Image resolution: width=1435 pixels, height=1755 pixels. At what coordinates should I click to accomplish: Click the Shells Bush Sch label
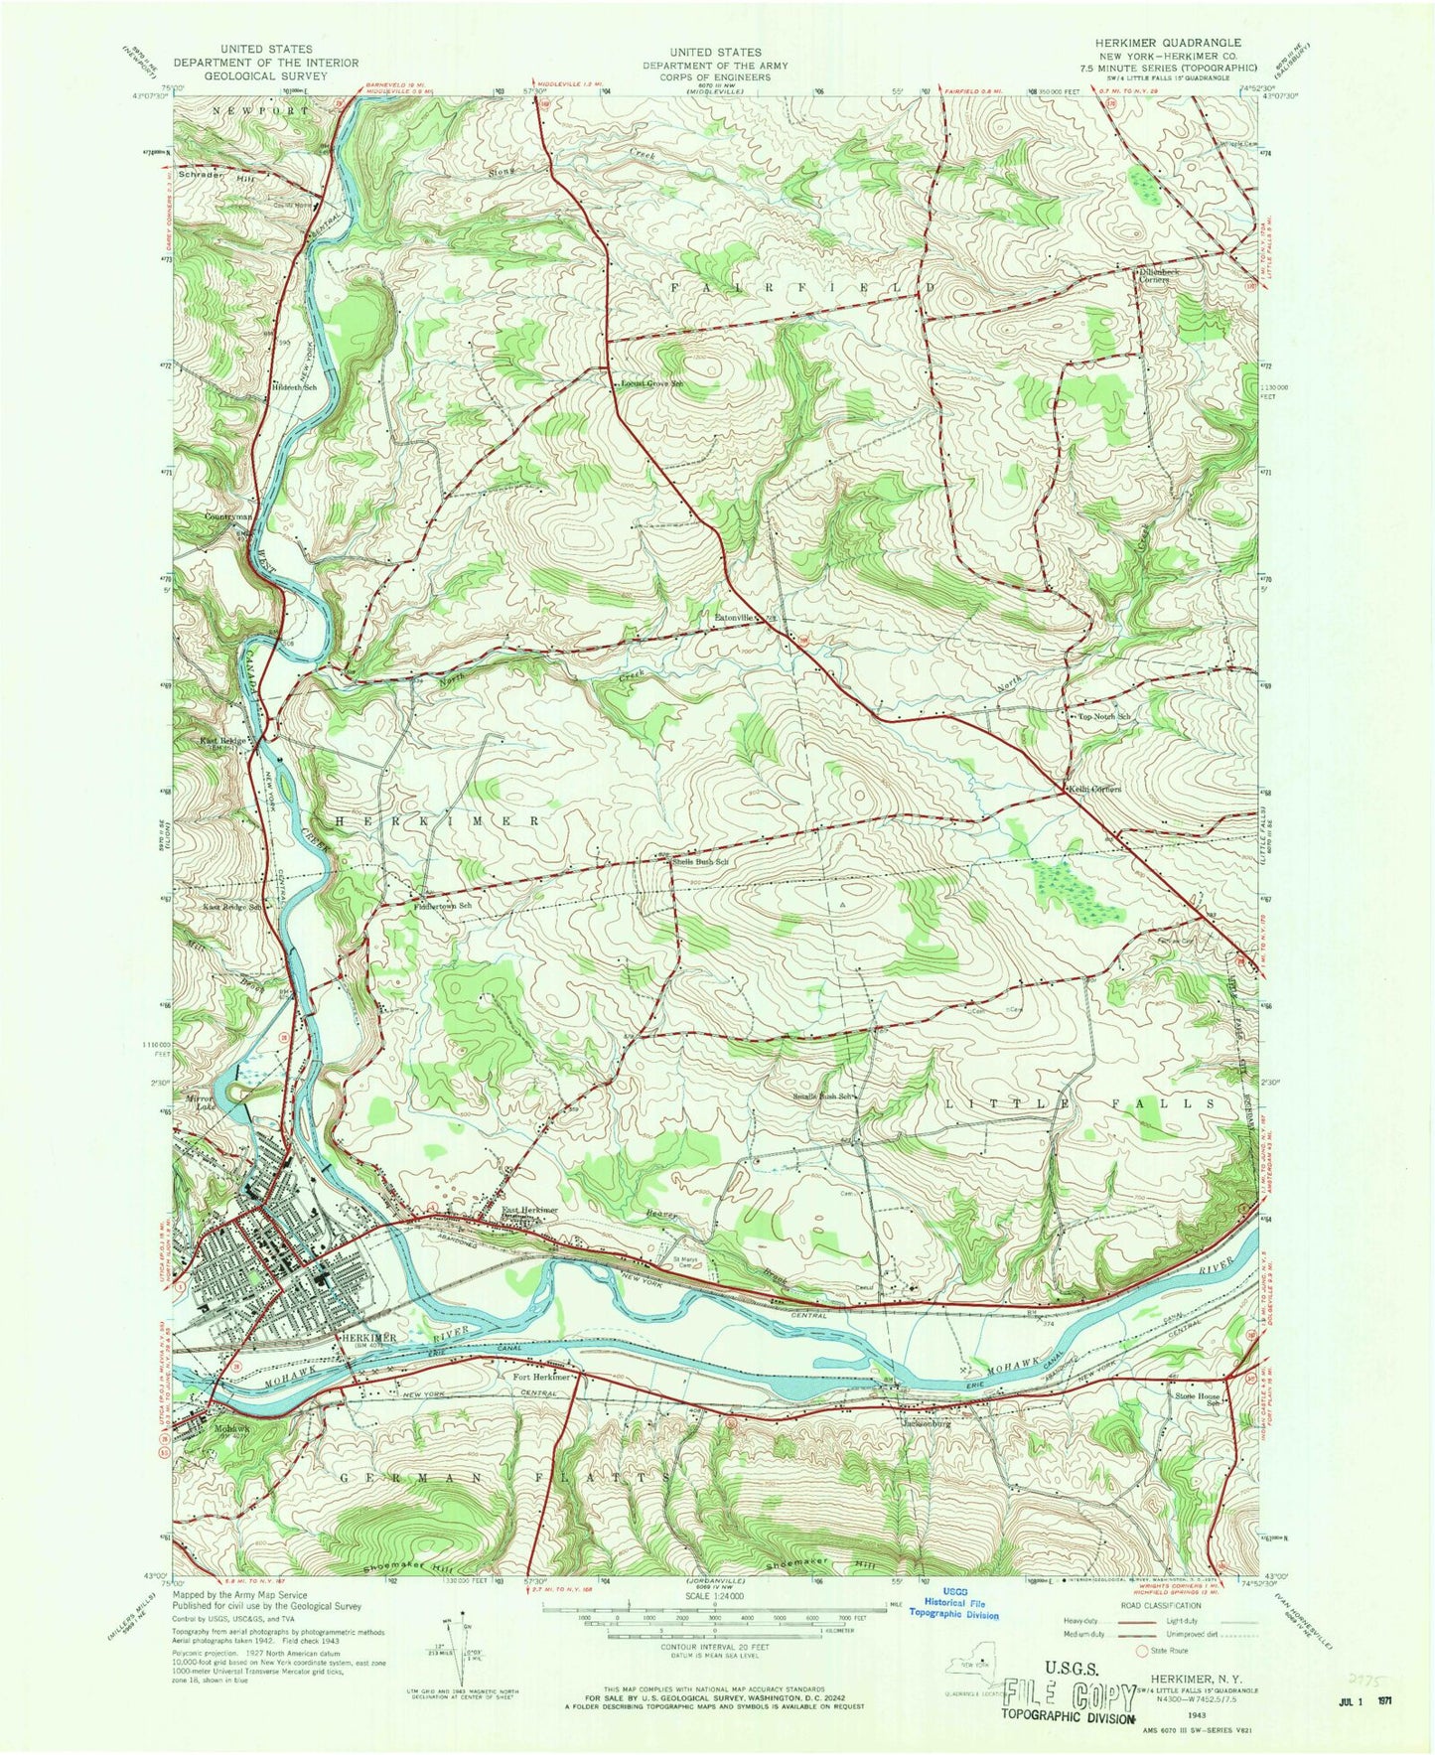click(701, 862)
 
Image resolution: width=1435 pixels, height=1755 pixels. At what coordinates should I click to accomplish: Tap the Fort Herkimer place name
click(541, 1378)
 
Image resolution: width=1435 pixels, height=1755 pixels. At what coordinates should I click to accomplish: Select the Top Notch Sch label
click(1099, 716)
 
